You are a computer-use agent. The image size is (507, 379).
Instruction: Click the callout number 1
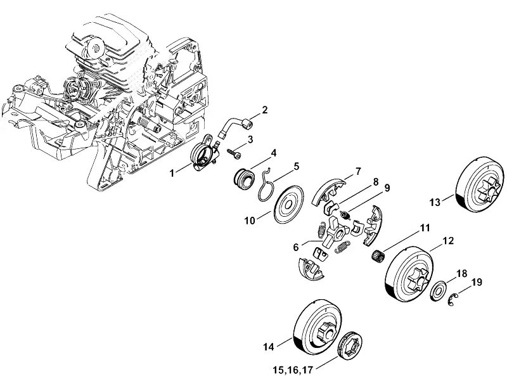(x=172, y=174)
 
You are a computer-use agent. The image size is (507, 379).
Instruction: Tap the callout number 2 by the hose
(x=265, y=110)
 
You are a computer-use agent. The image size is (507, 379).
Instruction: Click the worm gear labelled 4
(x=244, y=180)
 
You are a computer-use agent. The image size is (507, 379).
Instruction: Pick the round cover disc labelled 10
(x=289, y=204)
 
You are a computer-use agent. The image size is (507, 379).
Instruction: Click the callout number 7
(x=358, y=171)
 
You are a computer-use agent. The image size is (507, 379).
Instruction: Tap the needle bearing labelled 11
(x=378, y=255)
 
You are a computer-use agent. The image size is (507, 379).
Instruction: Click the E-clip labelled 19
(x=452, y=299)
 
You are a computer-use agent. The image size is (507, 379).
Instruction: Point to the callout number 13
(x=435, y=202)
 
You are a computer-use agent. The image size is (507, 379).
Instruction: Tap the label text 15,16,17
(x=293, y=369)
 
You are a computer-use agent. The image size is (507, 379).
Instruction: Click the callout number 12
(x=448, y=241)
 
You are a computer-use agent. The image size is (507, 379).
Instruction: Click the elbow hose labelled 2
(x=234, y=126)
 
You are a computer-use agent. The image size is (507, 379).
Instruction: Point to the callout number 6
(x=295, y=247)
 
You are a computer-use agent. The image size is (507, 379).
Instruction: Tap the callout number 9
(x=387, y=188)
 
